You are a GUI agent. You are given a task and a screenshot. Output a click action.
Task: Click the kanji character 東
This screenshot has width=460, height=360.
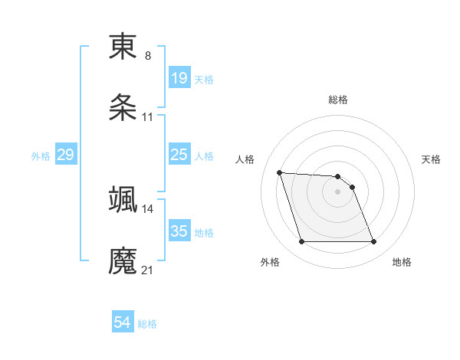(x=123, y=47)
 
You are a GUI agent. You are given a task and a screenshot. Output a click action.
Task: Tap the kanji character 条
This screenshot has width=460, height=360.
(x=123, y=109)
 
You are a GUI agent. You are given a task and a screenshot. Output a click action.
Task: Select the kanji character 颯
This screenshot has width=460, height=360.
(x=123, y=199)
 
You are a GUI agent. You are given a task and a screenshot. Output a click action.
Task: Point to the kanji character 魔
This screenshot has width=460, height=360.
(x=123, y=261)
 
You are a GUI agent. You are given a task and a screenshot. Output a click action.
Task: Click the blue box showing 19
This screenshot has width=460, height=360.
(x=179, y=78)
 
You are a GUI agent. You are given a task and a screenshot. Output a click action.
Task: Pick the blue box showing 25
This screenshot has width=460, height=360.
(x=179, y=155)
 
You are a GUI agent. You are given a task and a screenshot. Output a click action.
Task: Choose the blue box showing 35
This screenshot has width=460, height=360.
(x=179, y=231)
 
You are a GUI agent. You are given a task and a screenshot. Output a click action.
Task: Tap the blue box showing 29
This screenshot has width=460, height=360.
(x=65, y=155)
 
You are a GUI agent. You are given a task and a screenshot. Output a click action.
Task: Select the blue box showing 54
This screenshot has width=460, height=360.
(x=122, y=323)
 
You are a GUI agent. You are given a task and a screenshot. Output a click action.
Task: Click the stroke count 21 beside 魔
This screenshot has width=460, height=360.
(x=147, y=270)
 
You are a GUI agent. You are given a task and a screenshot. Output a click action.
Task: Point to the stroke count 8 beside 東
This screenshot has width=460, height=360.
(x=147, y=56)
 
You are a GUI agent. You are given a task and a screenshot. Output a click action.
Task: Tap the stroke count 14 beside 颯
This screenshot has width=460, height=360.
(x=147, y=208)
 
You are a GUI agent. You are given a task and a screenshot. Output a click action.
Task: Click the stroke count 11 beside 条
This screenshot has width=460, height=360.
(x=147, y=118)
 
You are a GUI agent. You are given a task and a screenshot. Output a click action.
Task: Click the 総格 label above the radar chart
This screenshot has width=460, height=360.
(x=338, y=100)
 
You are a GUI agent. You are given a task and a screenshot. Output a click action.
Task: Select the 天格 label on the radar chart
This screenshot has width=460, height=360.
(x=431, y=159)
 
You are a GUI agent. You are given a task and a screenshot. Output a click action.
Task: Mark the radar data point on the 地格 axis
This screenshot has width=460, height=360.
(x=373, y=242)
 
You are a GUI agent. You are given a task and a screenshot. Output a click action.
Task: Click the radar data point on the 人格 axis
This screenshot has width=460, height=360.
(x=280, y=172)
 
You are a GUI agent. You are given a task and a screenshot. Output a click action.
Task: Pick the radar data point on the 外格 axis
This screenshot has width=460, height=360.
(x=301, y=242)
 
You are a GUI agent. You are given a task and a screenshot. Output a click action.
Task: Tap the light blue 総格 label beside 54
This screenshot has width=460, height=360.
(x=147, y=324)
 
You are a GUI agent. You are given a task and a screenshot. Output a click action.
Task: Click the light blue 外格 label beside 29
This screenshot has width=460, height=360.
(x=40, y=155)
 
